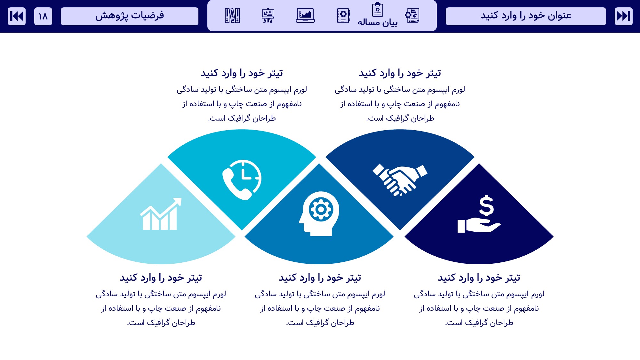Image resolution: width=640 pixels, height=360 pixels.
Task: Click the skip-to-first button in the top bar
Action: (17, 16)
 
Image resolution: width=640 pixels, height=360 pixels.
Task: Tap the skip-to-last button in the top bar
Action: (623, 16)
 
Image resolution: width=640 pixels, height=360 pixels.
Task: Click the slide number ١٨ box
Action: (43, 16)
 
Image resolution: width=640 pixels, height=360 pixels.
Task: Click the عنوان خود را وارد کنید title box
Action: (526, 16)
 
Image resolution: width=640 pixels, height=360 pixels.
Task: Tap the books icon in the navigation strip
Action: (232, 15)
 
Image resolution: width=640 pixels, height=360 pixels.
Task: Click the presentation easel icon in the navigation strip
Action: (268, 15)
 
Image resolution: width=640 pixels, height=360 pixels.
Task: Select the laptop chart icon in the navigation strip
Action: (305, 15)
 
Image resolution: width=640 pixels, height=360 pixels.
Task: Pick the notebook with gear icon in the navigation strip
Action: (343, 15)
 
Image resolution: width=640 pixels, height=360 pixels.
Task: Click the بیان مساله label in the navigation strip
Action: (378, 22)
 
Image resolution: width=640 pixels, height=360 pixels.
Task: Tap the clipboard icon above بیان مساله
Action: (378, 9)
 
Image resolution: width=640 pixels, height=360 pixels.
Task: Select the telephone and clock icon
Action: (242, 180)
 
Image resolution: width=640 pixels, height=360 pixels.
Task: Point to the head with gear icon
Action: (319, 214)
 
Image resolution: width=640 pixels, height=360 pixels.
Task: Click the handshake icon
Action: (400, 180)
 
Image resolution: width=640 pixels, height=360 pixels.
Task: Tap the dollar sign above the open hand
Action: (486, 206)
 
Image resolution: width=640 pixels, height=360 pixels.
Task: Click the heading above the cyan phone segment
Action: (242, 73)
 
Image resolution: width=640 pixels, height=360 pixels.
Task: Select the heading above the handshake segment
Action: (400, 73)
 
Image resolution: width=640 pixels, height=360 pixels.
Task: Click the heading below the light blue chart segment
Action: (161, 278)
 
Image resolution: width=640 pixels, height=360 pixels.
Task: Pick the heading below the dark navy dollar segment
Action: (479, 278)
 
